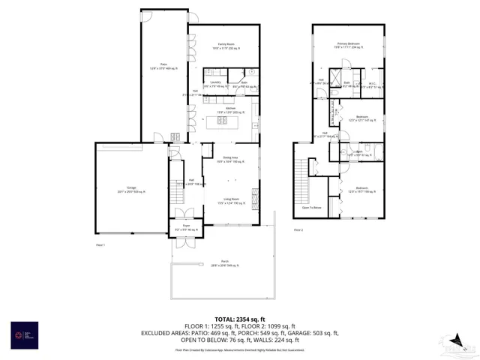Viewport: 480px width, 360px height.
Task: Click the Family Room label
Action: (x=223, y=46)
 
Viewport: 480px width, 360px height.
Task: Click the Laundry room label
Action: (x=215, y=84)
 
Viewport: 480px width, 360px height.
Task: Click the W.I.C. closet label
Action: (x=372, y=85)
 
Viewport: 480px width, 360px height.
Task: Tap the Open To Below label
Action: (x=311, y=208)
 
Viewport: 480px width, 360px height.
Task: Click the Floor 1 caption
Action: (x=100, y=245)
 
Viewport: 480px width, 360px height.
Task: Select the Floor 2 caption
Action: (x=298, y=229)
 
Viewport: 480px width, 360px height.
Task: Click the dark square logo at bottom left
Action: (x=19, y=334)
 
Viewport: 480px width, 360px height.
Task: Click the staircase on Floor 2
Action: (x=305, y=180)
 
